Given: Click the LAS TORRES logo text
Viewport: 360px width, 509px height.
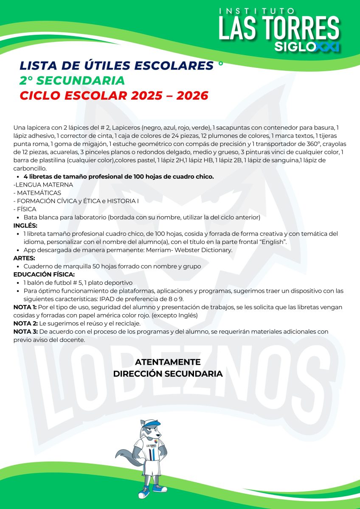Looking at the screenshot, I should [x=279, y=28].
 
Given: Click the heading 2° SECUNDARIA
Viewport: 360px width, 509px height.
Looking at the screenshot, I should [x=72, y=81].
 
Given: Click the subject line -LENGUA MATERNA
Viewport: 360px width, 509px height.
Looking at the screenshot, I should [x=43, y=185].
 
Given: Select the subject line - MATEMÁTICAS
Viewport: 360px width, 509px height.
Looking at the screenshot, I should [x=37, y=193].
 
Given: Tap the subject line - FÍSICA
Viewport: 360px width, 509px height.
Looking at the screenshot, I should [x=25, y=209].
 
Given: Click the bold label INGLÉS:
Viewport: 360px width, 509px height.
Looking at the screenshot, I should [x=25, y=225].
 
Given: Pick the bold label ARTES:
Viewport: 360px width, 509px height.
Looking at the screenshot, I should [x=24, y=258].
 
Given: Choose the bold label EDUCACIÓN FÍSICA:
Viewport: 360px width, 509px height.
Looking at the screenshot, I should [x=44, y=274].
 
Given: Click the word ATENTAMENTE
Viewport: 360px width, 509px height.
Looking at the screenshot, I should [x=168, y=362].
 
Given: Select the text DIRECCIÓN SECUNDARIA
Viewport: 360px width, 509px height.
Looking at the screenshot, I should [x=168, y=374].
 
